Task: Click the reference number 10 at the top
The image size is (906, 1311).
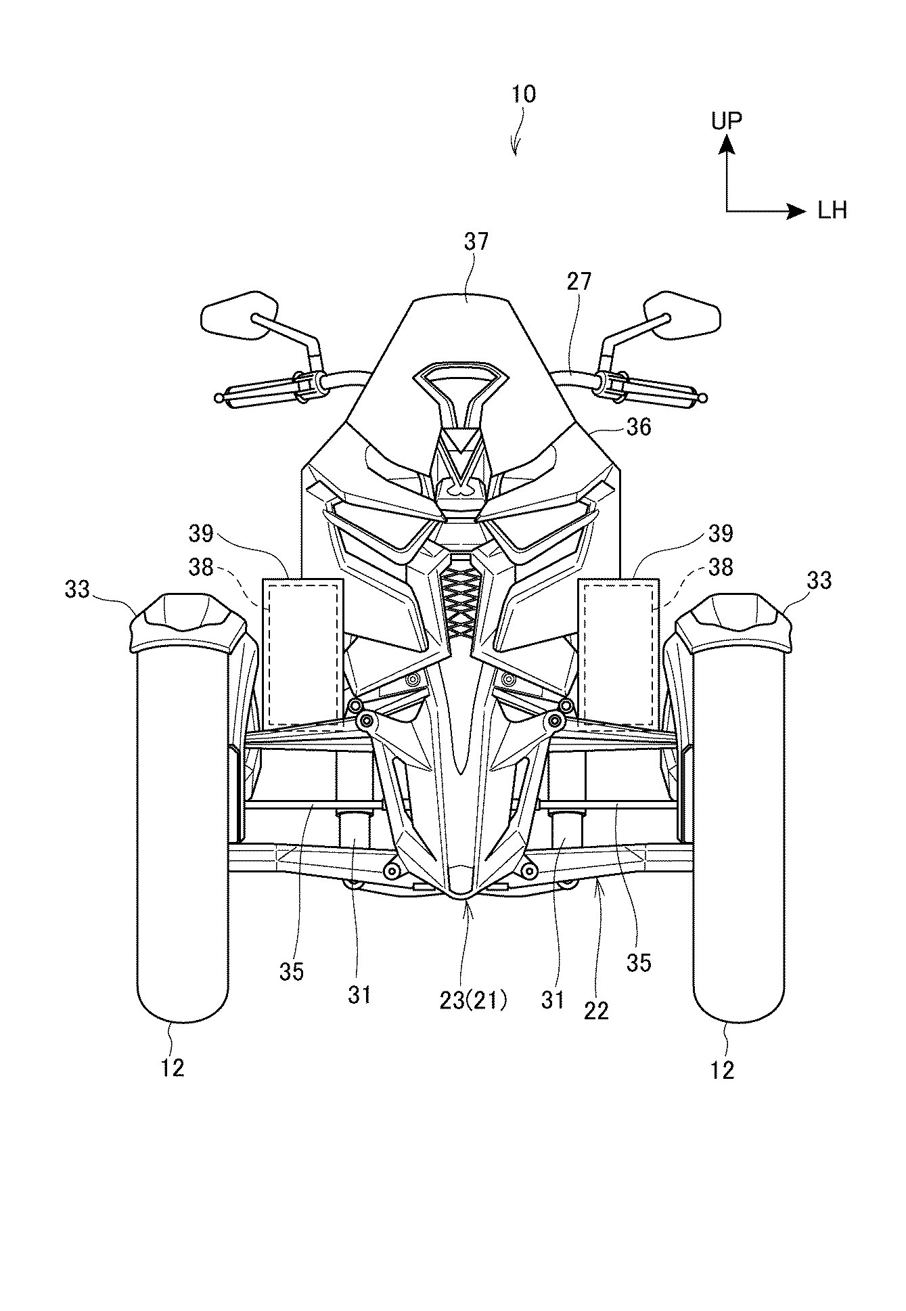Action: click(523, 94)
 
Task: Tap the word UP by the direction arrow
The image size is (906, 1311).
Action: click(726, 121)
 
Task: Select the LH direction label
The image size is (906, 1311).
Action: click(832, 211)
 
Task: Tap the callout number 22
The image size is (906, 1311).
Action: click(597, 1010)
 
